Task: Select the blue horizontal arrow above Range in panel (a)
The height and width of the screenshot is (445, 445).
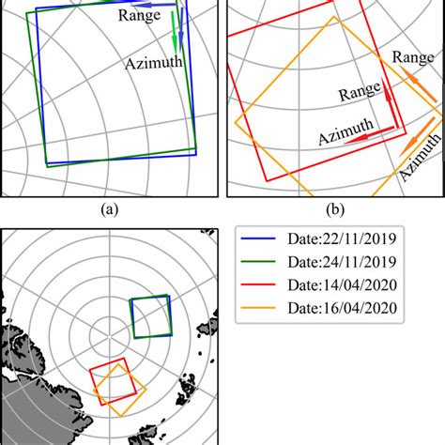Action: tap(166, 7)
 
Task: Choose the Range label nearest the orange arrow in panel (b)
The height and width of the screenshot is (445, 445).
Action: tap(412, 58)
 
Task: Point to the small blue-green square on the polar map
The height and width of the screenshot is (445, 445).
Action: tap(150, 317)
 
